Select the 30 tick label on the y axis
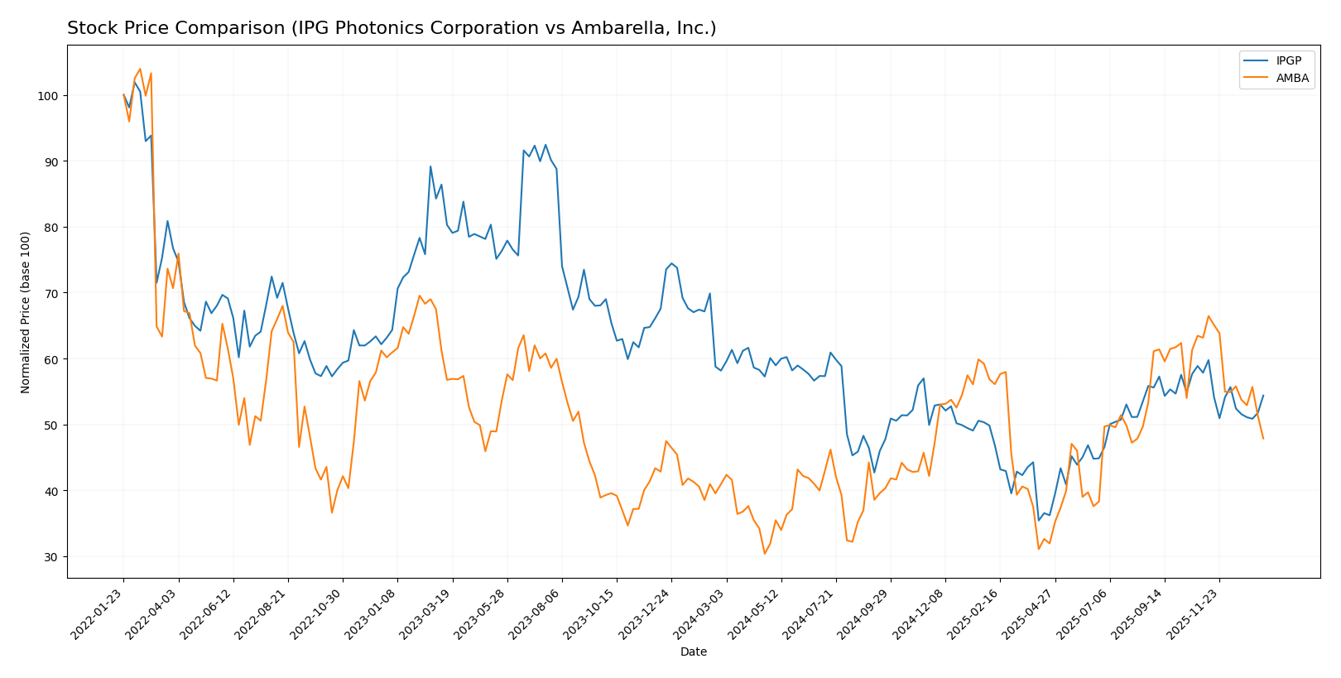pyautogui.click(x=50, y=557)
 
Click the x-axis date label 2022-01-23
pyautogui.click(x=99, y=613)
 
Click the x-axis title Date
pyautogui.click(x=693, y=652)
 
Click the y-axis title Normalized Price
pyautogui.click(x=26, y=312)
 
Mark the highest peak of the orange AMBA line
pyautogui.click(x=140, y=69)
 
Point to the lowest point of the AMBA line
pyautogui.click(x=764, y=554)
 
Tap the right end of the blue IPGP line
pyautogui.click(x=1263, y=395)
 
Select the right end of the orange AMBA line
pyautogui.click(x=1263, y=439)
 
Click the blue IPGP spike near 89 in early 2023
pyautogui.click(x=430, y=166)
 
